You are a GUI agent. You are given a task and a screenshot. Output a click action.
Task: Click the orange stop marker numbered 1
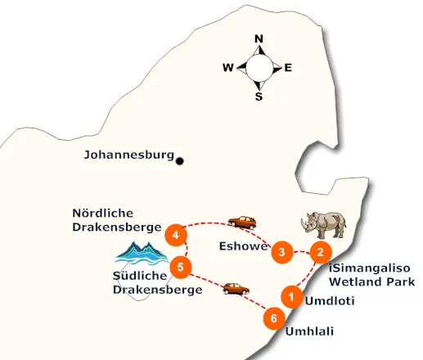pyautogui.click(x=290, y=295)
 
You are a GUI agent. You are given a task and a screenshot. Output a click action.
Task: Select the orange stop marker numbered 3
pyautogui.click(x=281, y=252)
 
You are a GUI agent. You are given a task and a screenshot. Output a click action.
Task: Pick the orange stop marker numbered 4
pyautogui.click(x=174, y=235)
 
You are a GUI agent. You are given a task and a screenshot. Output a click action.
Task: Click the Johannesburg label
pyautogui.click(x=129, y=154)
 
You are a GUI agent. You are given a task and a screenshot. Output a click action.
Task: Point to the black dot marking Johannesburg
pyautogui.click(x=180, y=160)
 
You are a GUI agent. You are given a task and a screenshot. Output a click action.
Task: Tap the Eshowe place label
pyautogui.click(x=243, y=245)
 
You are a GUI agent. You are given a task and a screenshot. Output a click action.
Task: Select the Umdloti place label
pyautogui.click(x=329, y=301)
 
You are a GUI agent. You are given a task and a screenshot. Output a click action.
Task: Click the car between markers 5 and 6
pyautogui.click(x=235, y=288)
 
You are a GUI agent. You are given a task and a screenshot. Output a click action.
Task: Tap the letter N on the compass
pyautogui.click(x=259, y=38)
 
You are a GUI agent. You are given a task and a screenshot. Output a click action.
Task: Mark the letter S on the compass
pyautogui.click(x=259, y=97)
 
